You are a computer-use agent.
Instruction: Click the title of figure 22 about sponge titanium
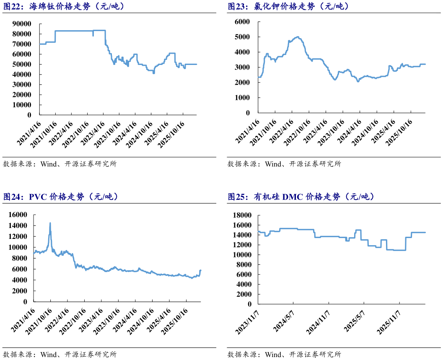click(x=64, y=6)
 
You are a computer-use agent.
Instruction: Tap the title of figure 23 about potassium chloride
click(x=288, y=6)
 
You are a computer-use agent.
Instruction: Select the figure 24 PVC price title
click(x=60, y=197)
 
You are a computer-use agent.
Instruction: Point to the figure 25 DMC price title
click(x=301, y=197)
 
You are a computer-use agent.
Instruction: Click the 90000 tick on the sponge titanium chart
click(x=22, y=24)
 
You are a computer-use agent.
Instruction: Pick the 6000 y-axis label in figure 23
click(x=242, y=22)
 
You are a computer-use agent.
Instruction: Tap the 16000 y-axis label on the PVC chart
click(x=18, y=215)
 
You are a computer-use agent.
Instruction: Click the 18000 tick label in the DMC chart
click(x=242, y=215)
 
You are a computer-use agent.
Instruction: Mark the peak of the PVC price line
click(x=50, y=223)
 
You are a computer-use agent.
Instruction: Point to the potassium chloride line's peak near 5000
click(x=298, y=37)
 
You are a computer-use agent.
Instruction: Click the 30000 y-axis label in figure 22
click(x=22, y=85)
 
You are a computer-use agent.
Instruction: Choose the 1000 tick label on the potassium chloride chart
click(x=242, y=98)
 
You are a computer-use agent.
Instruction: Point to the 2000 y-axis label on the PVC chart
click(x=20, y=291)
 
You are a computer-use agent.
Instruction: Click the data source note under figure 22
click(x=60, y=164)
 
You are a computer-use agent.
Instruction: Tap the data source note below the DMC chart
click(x=284, y=355)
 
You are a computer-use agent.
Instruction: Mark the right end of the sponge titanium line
click(x=197, y=65)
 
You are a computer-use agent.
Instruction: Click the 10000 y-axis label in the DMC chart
click(x=242, y=255)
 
